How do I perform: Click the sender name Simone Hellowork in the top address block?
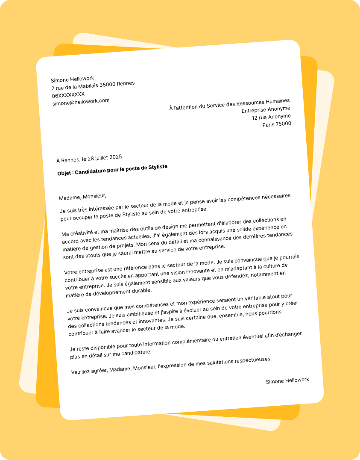pyautogui.click(x=72, y=79)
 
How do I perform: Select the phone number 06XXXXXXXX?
pyautogui.click(x=68, y=94)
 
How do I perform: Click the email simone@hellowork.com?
pyautogui.click(x=81, y=102)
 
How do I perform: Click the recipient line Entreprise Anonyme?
pyautogui.click(x=266, y=109)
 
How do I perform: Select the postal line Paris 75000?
pyautogui.click(x=277, y=124)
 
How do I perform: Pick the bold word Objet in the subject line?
pyautogui.click(x=65, y=173)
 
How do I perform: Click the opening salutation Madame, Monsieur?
pyautogui.click(x=82, y=197)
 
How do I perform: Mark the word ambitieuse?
pyautogui.click(x=121, y=313)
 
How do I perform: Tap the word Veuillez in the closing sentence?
pyautogui.click(x=82, y=371)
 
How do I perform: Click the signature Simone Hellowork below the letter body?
pyautogui.click(x=287, y=380)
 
